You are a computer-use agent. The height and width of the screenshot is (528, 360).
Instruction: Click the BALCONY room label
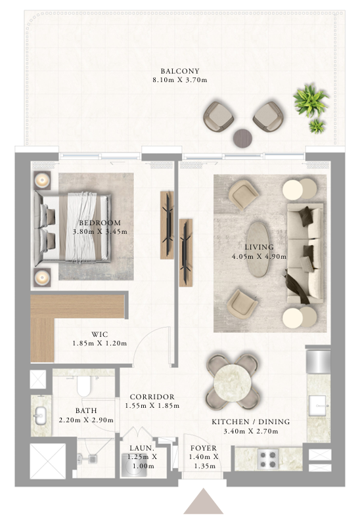click(x=180, y=71)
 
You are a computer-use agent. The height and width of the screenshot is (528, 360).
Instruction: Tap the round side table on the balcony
click(x=243, y=138)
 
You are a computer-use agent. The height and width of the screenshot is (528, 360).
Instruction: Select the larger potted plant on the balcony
click(x=310, y=100)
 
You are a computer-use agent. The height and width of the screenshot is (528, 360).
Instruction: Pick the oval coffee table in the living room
click(x=258, y=249)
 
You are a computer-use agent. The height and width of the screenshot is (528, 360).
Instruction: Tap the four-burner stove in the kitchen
click(x=268, y=459)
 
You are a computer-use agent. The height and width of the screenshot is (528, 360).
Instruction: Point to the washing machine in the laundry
click(x=134, y=465)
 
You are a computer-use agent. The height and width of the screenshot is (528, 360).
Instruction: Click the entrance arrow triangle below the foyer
click(x=204, y=501)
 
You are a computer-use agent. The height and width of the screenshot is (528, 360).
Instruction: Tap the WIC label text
click(x=100, y=334)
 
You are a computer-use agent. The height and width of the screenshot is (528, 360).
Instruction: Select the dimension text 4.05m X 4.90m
click(x=259, y=256)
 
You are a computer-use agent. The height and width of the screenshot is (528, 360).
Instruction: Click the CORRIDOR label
click(x=152, y=397)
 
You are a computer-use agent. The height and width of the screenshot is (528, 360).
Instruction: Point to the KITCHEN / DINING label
click(x=250, y=422)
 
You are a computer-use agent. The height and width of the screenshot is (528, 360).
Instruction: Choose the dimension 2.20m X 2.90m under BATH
click(x=86, y=420)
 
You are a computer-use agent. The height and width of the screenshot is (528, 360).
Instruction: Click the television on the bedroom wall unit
click(x=168, y=225)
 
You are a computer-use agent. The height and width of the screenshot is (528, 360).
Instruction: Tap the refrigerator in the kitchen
click(x=318, y=361)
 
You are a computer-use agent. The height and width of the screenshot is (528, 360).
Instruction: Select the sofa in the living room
click(x=305, y=253)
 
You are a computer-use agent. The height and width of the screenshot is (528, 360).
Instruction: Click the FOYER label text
click(x=204, y=448)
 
